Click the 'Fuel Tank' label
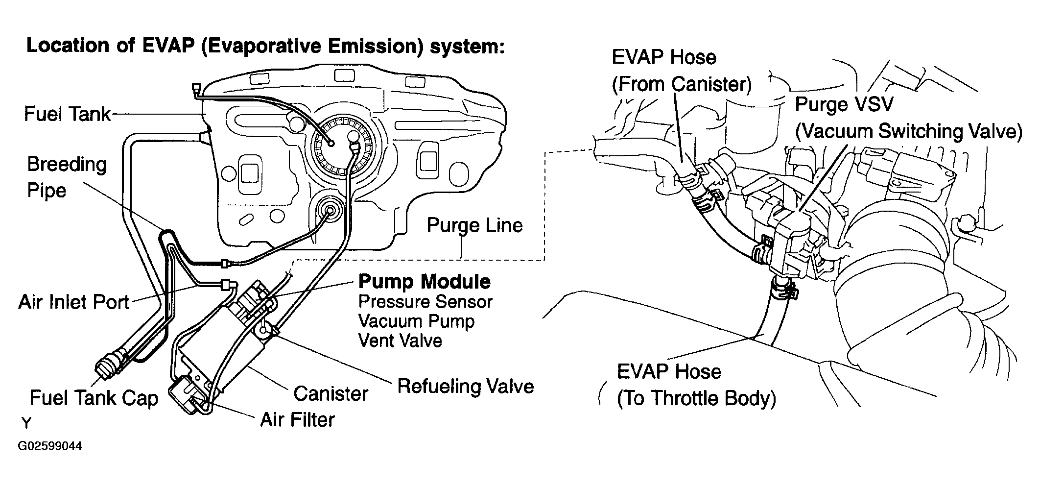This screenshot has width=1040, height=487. click(x=68, y=114)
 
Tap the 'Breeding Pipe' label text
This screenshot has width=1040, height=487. click(x=67, y=177)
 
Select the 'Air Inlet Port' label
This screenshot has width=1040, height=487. click(x=73, y=302)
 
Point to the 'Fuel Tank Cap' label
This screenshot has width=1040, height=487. click(x=94, y=398)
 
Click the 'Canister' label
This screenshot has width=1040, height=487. click(x=331, y=393)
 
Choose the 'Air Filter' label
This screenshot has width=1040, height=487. click(x=297, y=419)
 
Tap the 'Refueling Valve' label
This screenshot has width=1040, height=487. click(x=465, y=386)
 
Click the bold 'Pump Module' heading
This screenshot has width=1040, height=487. click(x=425, y=282)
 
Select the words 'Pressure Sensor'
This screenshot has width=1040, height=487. click(x=425, y=302)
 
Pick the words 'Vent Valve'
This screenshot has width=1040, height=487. click(x=400, y=341)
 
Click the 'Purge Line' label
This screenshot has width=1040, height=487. click(x=474, y=225)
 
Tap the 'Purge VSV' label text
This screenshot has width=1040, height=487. click(x=844, y=104)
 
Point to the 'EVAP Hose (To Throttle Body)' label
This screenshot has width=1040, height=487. click(x=696, y=385)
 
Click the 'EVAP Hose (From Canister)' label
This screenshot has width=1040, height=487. click(x=681, y=71)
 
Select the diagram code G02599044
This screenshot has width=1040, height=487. click(x=50, y=446)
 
